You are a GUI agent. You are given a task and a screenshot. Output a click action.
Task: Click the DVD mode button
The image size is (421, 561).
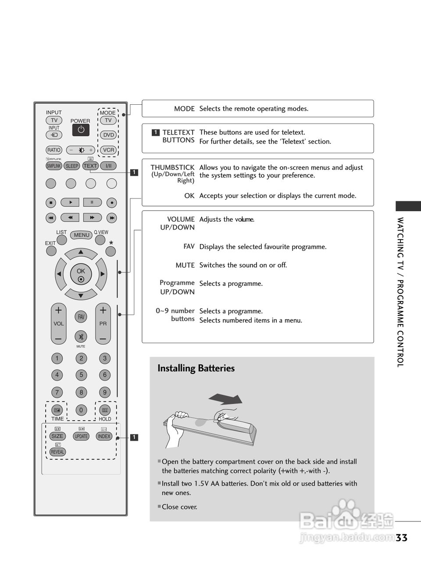(x=108, y=135)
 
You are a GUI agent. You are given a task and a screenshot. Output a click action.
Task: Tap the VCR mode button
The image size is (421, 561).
(x=108, y=150)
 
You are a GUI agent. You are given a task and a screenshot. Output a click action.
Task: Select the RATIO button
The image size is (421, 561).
(x=54, y=150)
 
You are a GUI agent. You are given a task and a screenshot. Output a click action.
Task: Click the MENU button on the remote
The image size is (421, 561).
(x=82, y=235)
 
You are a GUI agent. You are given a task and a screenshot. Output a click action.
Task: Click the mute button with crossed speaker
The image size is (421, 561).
(x=81, y=337)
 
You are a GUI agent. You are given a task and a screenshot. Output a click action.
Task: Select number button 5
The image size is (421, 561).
(x=81, y=375)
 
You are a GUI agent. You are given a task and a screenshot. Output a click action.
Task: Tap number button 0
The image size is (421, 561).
(x=81, y=410)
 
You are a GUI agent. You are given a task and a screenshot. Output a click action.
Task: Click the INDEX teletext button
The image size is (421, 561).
(x=104, y=436)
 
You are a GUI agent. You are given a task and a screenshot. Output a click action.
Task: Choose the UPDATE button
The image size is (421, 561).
(x=81, y=436)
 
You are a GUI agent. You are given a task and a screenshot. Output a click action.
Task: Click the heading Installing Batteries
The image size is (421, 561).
(x=196, y=368)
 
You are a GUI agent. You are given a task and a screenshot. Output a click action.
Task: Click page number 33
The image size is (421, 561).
(x=401, y=538)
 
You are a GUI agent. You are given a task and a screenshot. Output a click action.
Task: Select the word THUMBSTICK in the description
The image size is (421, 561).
(x=172, y=167)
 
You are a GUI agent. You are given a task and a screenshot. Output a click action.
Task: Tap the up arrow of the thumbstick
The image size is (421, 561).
(x=81, y=252)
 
